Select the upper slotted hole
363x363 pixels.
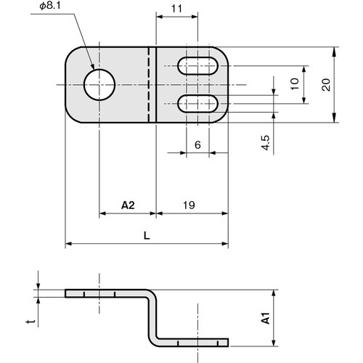pos(197,68)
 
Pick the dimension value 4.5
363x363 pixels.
pos(266,141)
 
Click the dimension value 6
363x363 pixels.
pos(197,144)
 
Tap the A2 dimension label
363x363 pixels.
pos(127,205)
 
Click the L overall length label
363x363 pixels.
pos(147,236)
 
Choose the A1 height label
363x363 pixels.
pos(266,318)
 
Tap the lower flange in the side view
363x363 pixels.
pos(192,341)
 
